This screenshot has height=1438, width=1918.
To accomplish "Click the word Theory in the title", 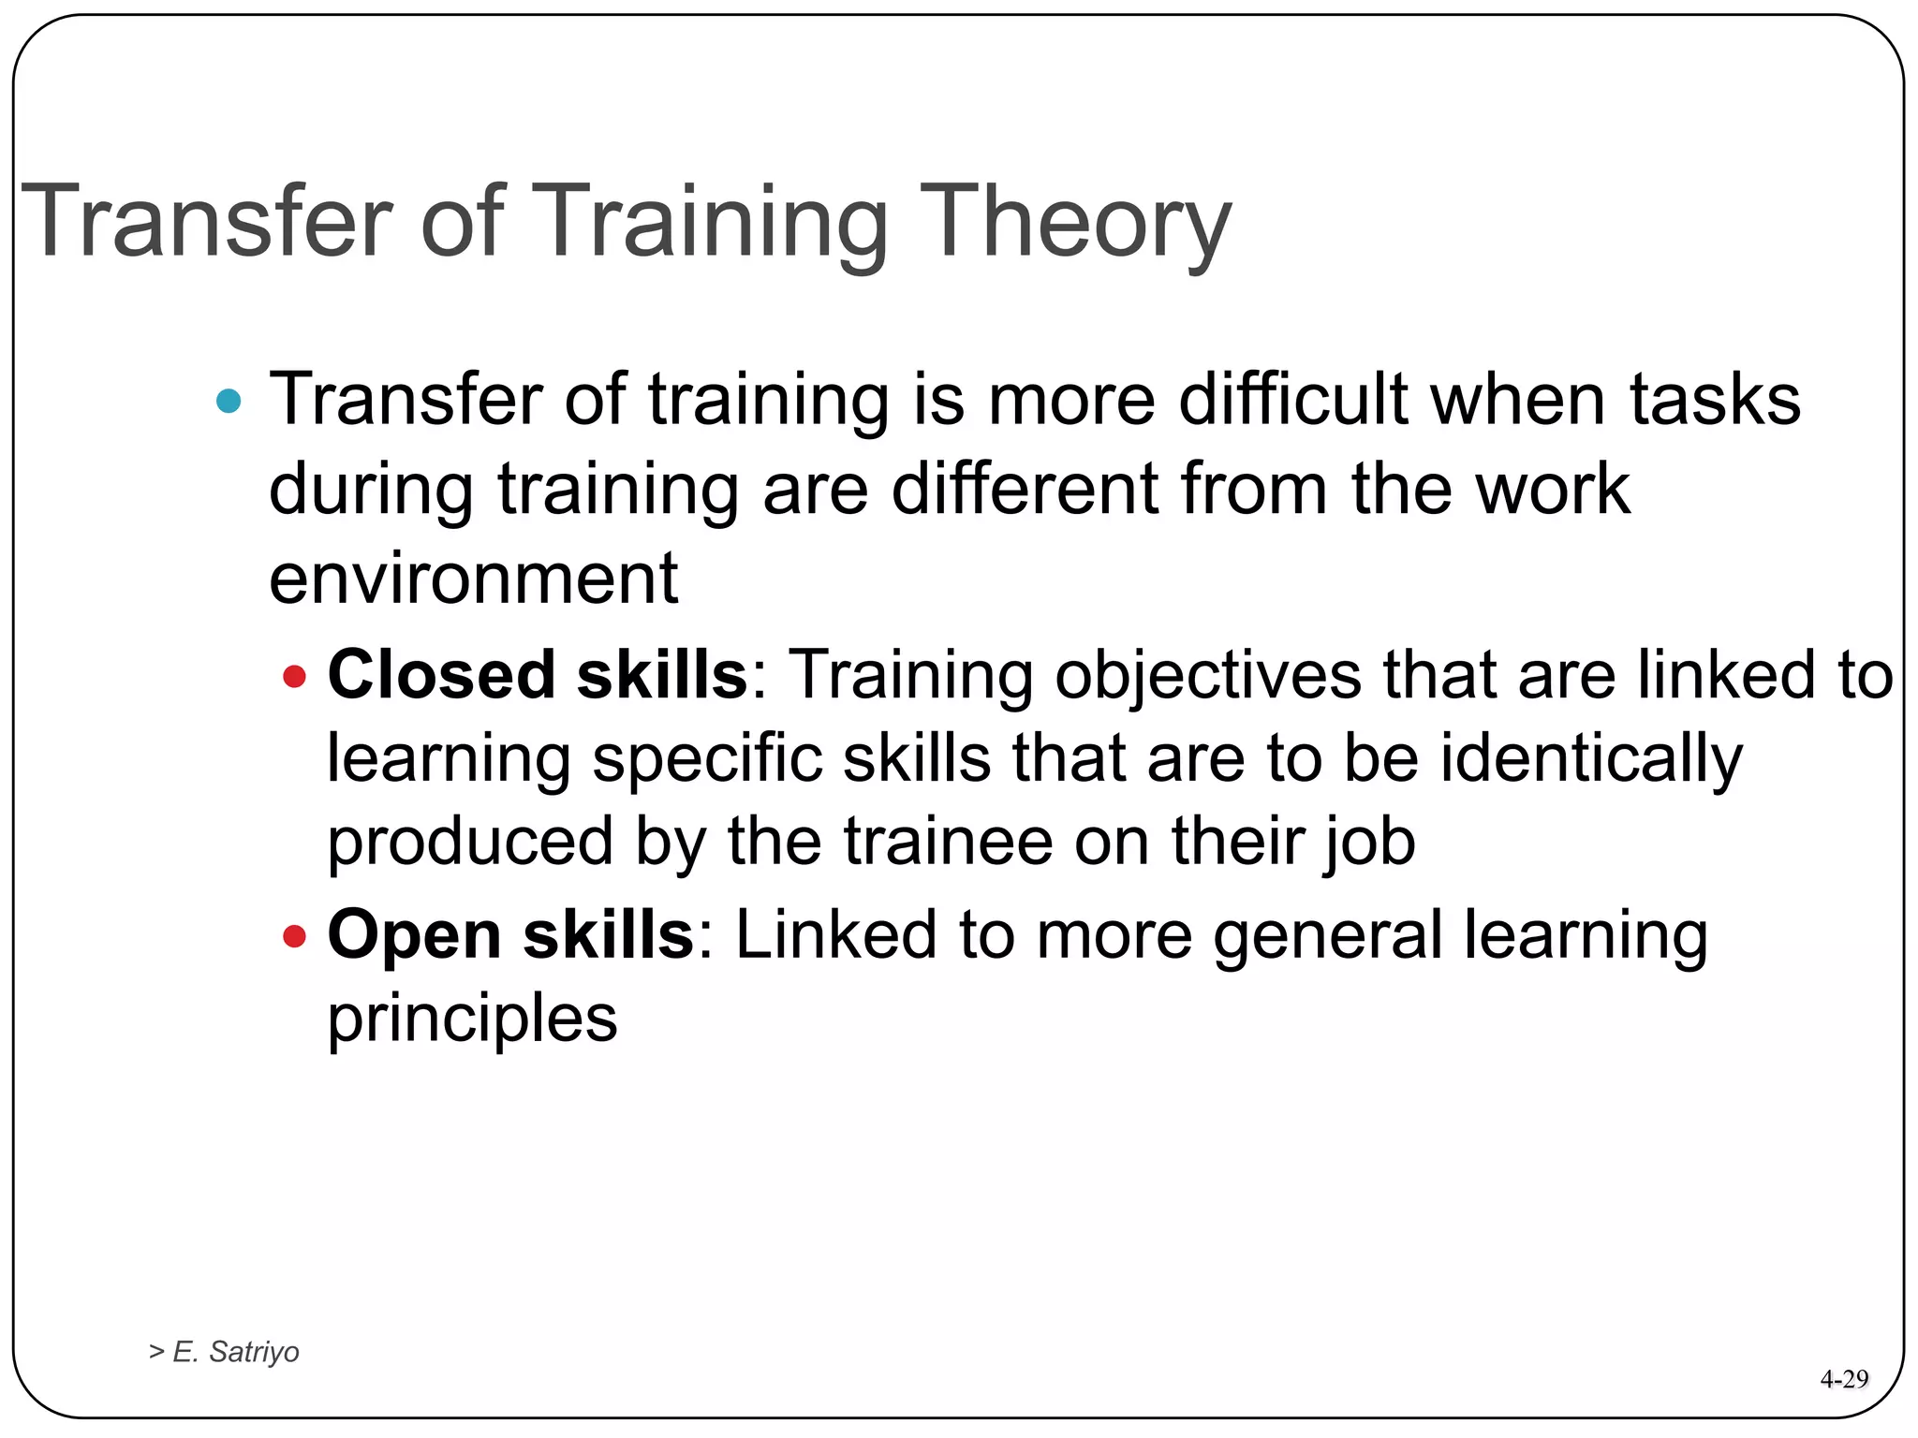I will coord(1074,223).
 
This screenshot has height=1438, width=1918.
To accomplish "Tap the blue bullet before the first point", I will coord(229,402).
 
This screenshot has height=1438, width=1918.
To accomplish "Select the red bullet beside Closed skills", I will coord(294,676).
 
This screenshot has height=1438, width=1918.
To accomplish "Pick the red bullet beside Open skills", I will coord(294,935).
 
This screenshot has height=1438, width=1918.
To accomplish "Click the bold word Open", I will coord(414,935).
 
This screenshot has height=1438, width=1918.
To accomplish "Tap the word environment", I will coord(473,579).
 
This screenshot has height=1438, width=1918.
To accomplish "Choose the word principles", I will coord(472,1020).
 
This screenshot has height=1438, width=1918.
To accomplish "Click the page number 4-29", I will coord(1843,1379).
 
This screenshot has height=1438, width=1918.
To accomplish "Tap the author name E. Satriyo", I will coord(235,1352).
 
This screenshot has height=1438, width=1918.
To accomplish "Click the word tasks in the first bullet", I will coord(1715,400).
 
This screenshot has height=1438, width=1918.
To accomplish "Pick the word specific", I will coord(707,758).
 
